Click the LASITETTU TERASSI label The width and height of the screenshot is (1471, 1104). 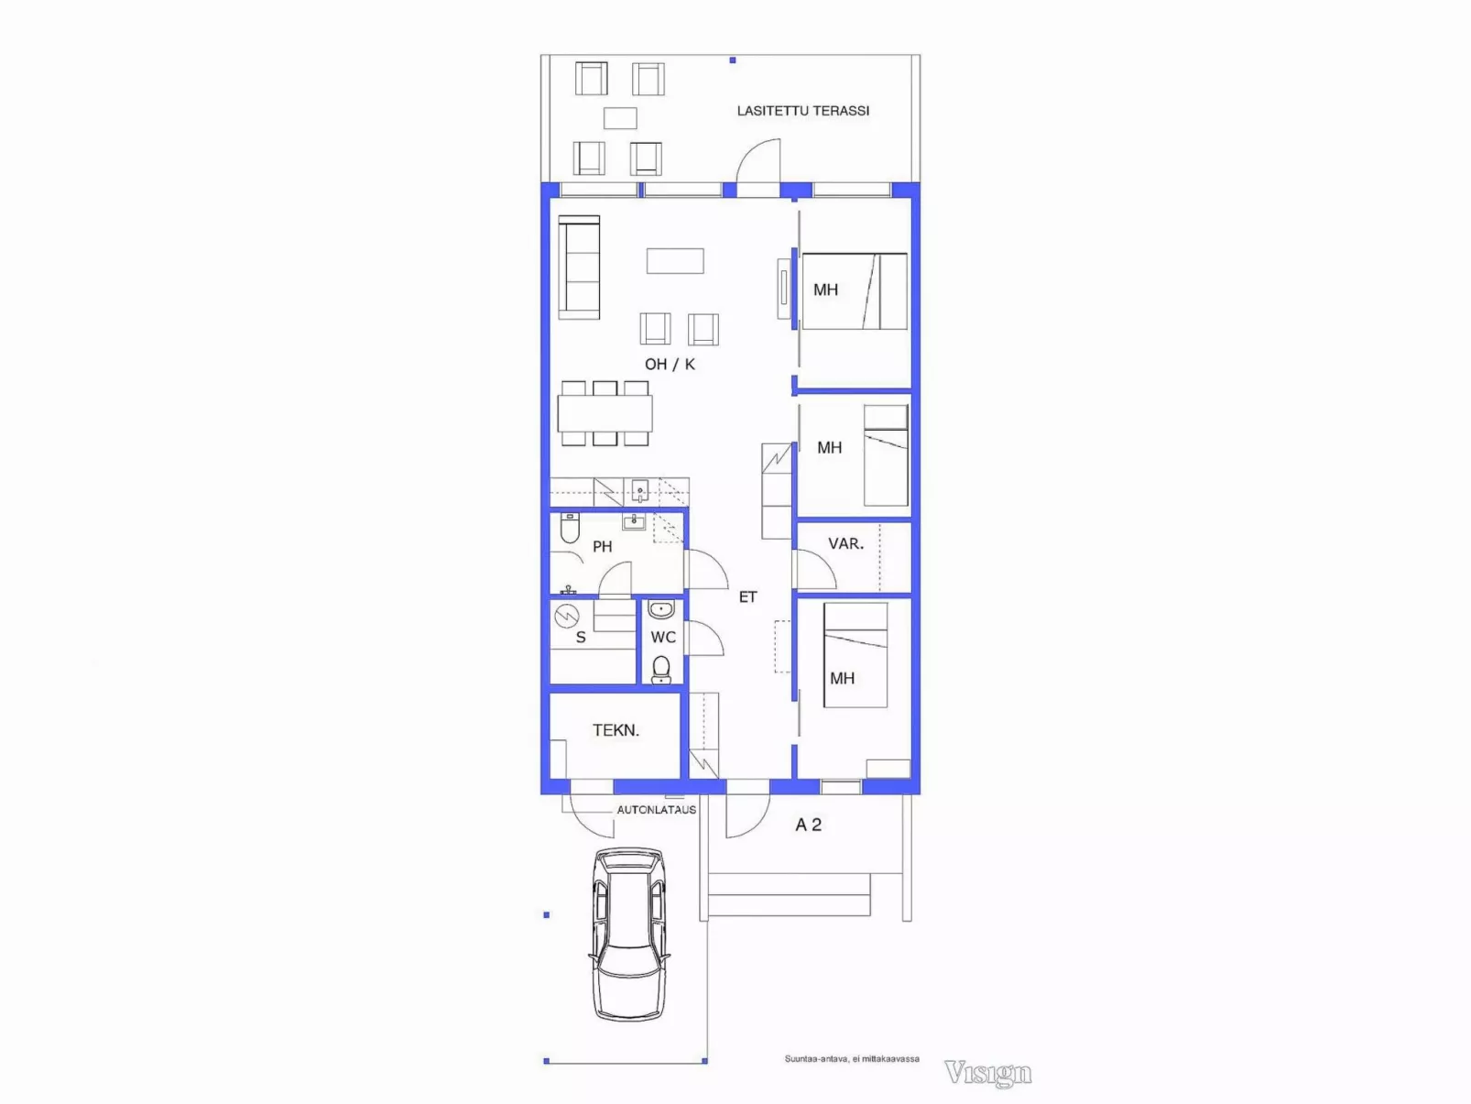(803, 111)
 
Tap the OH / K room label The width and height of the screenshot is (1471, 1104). (670, 364)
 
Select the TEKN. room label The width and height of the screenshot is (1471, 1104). (616, 730)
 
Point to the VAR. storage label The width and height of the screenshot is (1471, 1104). (845, 543)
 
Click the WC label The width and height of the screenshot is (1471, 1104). (663, 637)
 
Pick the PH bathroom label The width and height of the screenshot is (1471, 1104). (603, 546)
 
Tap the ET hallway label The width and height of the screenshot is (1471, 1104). (748, 596)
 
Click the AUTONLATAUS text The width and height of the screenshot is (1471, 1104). (656, 810)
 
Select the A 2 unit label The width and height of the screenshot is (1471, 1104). (808, 825)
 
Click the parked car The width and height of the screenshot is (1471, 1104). (629, 935)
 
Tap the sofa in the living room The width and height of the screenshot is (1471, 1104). (579, 267)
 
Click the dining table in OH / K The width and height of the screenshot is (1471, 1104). (605, 413)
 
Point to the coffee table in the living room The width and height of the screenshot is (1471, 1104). (675, 261)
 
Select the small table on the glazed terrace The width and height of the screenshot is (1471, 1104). (620, 118)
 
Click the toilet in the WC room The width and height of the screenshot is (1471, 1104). (661, 669)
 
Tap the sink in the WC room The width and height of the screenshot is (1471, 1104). (660, 609)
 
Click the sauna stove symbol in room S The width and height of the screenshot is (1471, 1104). (567, 616)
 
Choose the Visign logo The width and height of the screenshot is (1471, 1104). (987, 1073)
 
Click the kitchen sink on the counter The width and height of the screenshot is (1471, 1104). (640, 491)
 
